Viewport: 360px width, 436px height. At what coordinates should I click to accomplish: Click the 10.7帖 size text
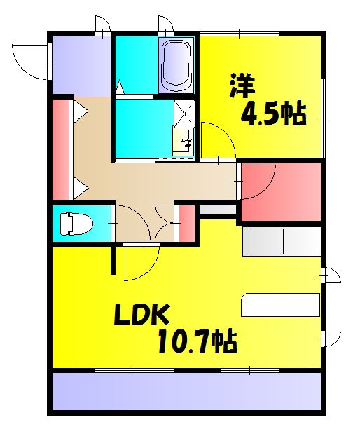tap(195, 342)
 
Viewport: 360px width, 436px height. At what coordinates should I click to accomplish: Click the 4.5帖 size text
tap(273, 114)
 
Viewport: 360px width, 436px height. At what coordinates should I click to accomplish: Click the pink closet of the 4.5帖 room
tap(280, 190)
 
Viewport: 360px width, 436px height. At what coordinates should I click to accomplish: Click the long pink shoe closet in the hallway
tap(61, 149)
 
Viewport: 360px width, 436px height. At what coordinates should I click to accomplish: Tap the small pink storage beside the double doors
tap(186, 223)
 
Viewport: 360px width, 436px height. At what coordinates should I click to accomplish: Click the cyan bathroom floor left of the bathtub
tap(137, 63)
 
